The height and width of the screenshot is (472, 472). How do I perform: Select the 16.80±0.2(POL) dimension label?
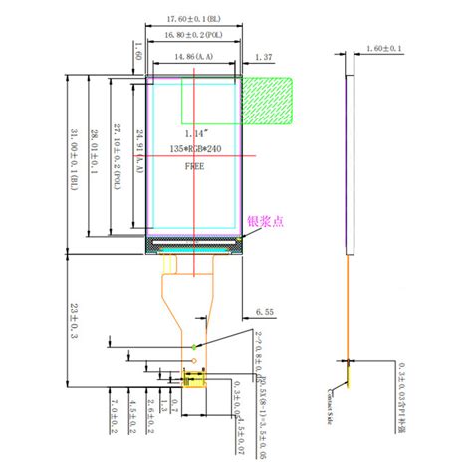click(x=195, y=35)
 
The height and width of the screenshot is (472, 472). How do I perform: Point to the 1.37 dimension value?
click(x=264, y=57)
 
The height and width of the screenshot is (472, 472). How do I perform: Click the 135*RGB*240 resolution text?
click(x=195, y=149)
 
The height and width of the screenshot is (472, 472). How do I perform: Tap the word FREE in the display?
click(x=195, y=167)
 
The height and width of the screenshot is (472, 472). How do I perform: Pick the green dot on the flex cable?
click(x=195, y=346)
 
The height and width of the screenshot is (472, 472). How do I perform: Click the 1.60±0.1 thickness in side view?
click(x=382, y=48)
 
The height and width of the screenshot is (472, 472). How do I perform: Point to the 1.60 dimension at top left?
click(x=138, y=52)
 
